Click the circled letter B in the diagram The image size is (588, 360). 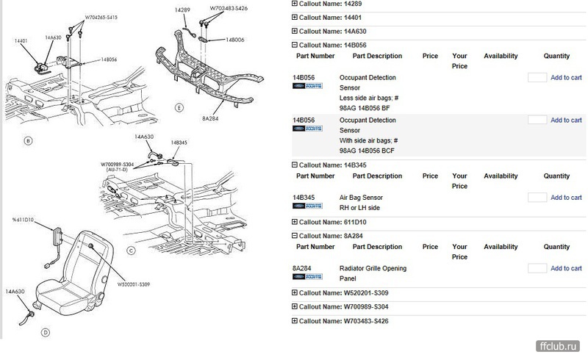[28, 141]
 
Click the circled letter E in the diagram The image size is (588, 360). [179, 108]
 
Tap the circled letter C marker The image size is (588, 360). [131, 251]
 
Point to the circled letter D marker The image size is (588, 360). [46, 332]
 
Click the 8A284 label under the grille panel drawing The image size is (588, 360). [210, 118]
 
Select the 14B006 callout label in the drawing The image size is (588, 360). [234, 40]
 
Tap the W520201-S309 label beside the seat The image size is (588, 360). [134, 284]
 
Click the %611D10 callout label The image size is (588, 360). [24, 220]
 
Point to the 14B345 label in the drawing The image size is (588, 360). [179, 143]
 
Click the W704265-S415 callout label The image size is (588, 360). [101, 17]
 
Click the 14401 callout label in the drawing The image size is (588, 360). [21, 40]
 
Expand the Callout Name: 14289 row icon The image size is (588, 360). [295, 4]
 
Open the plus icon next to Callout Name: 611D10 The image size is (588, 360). [295, 222]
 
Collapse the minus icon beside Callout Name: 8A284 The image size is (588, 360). [295, 236]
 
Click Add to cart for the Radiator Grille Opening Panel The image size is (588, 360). [566, 268]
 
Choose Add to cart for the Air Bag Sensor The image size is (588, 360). [566, 197]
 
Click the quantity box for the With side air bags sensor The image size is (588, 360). [537, 120]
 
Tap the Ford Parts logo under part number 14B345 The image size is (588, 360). [307, 206]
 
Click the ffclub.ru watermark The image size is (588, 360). [558, 346]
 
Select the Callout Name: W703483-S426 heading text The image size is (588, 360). [343, 321]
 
